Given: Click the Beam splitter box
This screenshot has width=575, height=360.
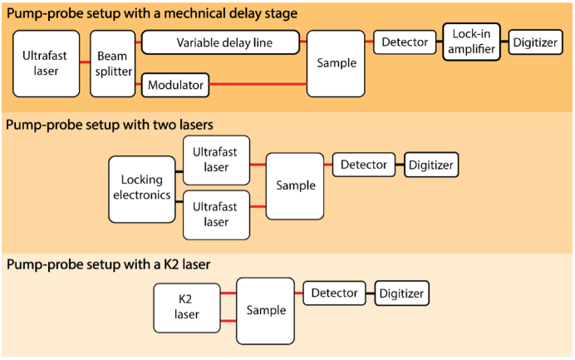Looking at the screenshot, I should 112,63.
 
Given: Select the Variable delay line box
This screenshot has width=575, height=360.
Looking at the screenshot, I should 220,42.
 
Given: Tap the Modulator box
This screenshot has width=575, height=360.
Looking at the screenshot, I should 174,84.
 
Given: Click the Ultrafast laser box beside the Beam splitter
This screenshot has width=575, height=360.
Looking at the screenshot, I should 46,63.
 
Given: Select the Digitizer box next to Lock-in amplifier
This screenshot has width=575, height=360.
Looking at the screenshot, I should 536,42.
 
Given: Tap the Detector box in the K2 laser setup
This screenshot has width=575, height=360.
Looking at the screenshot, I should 335,293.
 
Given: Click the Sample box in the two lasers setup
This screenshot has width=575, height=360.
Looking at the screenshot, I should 295,185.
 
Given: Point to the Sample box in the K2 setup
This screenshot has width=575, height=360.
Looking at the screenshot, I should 265,311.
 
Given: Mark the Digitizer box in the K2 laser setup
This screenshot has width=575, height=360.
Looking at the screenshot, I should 401,293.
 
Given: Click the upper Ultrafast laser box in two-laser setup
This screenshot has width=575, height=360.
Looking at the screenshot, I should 216,160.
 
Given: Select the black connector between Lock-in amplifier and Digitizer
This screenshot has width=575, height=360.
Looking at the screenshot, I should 504,42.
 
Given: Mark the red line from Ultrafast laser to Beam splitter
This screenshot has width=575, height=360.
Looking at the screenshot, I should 84,63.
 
